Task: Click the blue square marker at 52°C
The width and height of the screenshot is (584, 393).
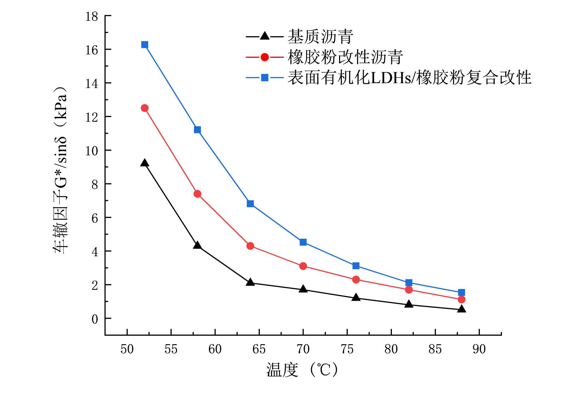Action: tap(145, 45)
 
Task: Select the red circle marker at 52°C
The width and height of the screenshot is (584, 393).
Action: tap(145, 108)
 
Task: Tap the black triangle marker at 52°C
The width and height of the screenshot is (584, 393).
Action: tap(145, 163)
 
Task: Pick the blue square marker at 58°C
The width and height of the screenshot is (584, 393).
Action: tap(197, 130)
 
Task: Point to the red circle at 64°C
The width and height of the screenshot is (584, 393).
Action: tap(250, 246)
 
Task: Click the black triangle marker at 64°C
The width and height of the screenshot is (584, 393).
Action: tap(250, 282)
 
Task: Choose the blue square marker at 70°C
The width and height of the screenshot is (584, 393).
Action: tap(303, 242)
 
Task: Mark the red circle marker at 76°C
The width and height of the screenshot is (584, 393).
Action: tap(356, 280)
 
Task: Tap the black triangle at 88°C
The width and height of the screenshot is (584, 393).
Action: tap(462, 309)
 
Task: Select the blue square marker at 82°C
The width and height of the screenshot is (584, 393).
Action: tap(409, 283)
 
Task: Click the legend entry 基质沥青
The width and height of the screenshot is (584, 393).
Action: tap(320, 37)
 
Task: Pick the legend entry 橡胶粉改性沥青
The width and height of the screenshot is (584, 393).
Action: tap(345, 57)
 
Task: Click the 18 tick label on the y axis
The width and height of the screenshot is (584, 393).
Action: tap(92, 16)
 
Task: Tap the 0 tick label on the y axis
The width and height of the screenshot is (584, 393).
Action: tap(95, 319)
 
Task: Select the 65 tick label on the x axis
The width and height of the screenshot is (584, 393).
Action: tap(259, 349)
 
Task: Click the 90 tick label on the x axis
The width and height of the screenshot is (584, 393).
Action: tap(479, 349)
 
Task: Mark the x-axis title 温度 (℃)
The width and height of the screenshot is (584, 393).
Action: tap(302, 370)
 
